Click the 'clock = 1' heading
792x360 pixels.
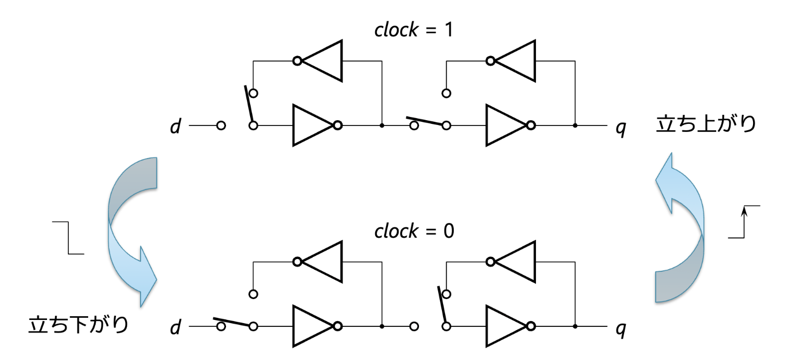pos(414,30)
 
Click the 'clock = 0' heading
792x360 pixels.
pos(414,231)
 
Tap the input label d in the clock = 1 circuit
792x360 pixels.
pos(176,126)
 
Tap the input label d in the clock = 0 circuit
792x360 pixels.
pos(176,327)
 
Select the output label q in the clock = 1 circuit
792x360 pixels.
pos(621,128)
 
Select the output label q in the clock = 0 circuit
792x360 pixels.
pos(621,329)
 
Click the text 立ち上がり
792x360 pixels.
pos(706,124)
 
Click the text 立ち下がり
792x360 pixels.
pos(78,325)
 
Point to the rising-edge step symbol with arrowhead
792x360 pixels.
pos(744,222)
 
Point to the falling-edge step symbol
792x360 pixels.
pos(68,238)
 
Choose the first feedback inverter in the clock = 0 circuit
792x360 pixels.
pos(317,262)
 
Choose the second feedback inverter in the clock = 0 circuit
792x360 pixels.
pos(510,262)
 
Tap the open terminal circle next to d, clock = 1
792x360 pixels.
pos(221,126)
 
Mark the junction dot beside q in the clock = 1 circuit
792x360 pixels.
pos(575,126)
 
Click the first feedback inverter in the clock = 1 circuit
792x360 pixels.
pos(317,61)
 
